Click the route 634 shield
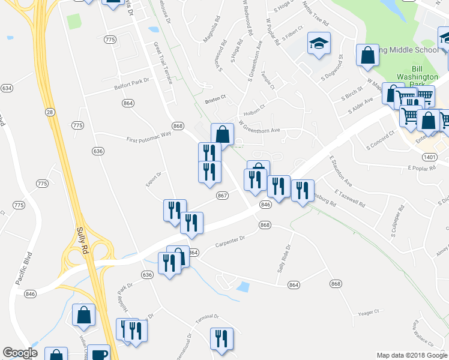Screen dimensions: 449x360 click(x=7, y=88)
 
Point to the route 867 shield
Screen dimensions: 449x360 click(x=221, y=196)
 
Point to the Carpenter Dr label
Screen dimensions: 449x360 click(x=231, y=241)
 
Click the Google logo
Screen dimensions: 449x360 click(x=20, y=353)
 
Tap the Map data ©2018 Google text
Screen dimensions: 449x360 click(x=411, y=355)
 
